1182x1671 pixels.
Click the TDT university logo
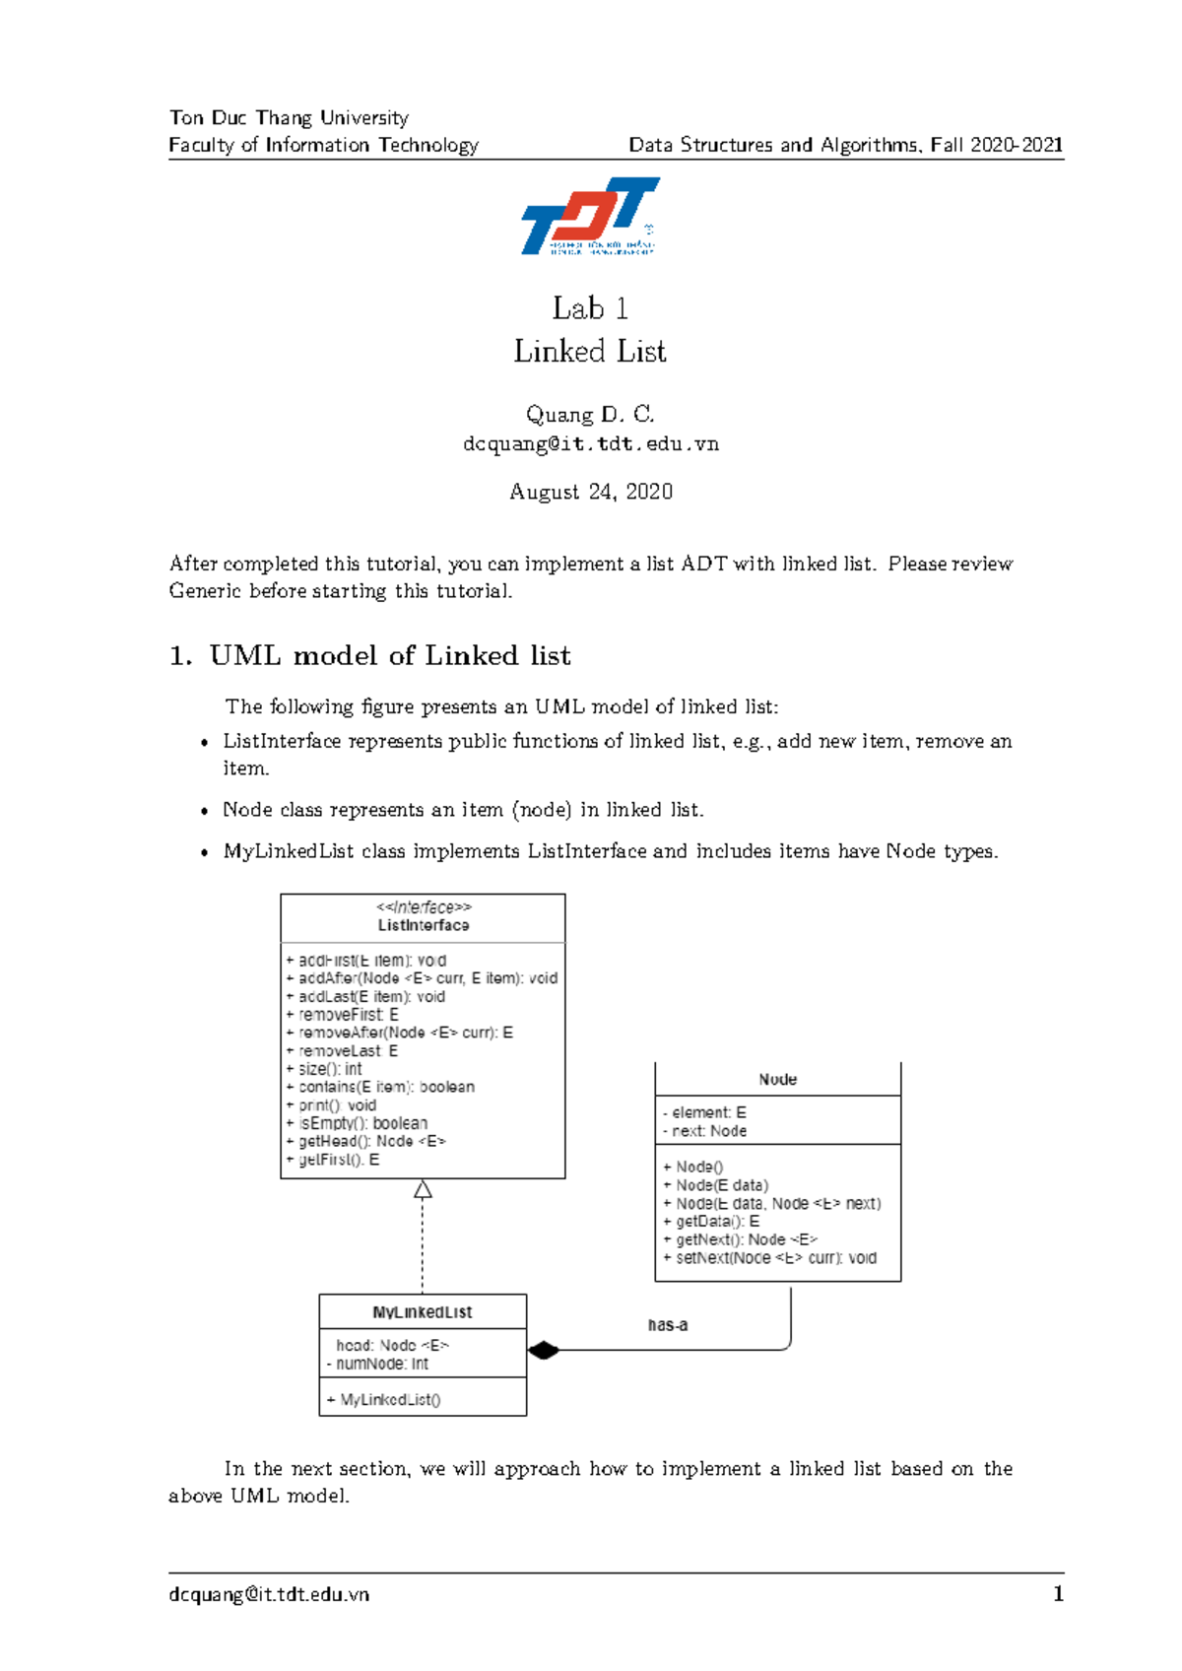[x=590, y=216]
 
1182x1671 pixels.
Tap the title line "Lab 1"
[x=590, y=308]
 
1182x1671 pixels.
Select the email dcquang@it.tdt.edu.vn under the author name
[x=591, y=444]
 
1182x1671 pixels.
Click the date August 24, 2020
[x=591, y=492]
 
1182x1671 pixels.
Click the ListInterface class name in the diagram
[x=424, y=925]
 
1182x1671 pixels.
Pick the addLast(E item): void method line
[x=365, y=996]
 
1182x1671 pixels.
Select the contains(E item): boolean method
[x=380, y=1087]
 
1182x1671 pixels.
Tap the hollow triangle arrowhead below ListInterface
[x=423, y=1189]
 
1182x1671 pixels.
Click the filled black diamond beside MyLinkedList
[x=543, y=1350]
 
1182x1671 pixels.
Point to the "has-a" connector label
[x=668, y=1325]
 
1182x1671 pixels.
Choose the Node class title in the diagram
[x=778, y=1080]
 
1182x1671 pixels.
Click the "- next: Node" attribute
[x=705, y=1131]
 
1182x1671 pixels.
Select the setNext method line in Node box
[x=770, y=1258]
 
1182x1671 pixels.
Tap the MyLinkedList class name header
[x=423, y=1312]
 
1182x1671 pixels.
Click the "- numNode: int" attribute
[x=378, y=1364]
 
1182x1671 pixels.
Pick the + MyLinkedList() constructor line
[x=384, y=1400]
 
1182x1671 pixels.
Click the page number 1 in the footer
[x=1058, y=1594]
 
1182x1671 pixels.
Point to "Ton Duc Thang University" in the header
[x=289, y=118]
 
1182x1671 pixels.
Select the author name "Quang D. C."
[x=590, y=414]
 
